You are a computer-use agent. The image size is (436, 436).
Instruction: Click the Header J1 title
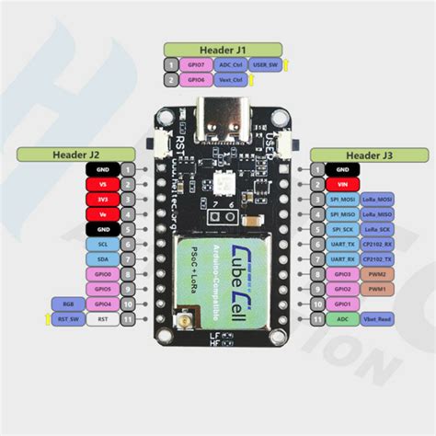click(216, 48)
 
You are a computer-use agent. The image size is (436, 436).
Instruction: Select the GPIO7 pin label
click(196, 64)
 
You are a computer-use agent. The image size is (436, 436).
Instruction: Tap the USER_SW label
click(265, 64)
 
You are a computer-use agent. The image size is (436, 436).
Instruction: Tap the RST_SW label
click(69, 319)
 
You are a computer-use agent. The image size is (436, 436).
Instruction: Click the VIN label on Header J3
click(343, 184)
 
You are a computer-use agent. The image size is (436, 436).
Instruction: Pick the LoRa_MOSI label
click(377, 199)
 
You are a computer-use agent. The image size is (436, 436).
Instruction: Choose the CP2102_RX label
click(377, 244)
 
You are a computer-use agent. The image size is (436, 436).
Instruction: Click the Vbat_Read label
click(377, 319)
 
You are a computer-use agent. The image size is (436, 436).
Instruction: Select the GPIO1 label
click(343, 304)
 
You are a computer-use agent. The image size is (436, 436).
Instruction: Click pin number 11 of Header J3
click(317, 319)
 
